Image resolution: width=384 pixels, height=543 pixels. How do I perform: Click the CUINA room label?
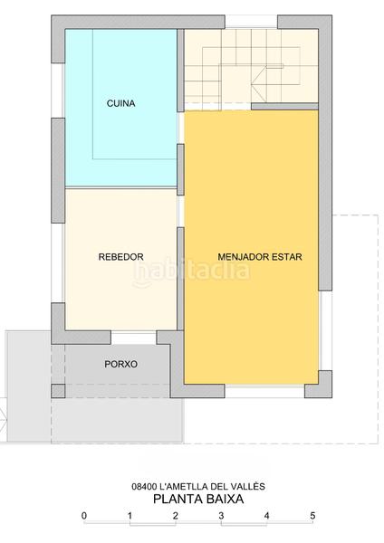pyautogui.click(x=120, y=103)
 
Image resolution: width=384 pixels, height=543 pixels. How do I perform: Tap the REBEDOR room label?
pyautogui.click(x=120, y=257)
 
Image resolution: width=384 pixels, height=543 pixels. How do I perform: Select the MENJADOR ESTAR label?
pyautogui.click(x=260, y=257)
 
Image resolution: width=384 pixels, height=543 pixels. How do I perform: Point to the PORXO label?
pyautogui.click(x=120, y=365)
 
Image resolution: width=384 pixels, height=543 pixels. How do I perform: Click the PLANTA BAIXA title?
pyautogui.click(x=197, y=498)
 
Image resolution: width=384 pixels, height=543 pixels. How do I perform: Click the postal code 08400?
pyautogui.click(x=146, y=486)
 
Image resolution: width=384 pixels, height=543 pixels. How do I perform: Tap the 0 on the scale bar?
pyautogui.click(x=83, y=516)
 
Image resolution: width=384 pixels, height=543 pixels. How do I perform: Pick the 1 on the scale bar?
pyautogui.click(x=130, y=516)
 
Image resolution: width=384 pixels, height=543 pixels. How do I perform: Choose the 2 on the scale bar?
pyautogui.click(x=175, y=516)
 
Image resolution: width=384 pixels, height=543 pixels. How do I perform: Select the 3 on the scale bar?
pyautogui.click(x=221, y=516)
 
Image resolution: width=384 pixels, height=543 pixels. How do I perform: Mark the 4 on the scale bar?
pyautogui.click(x=266, y=516)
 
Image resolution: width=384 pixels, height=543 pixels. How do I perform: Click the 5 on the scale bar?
pyautogui.click(x=312, y=516)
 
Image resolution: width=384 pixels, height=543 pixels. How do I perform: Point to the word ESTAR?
pyautogui.click(x=285, y=257)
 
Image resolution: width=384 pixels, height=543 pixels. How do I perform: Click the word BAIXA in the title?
pyautogui.click(x=223, y=498)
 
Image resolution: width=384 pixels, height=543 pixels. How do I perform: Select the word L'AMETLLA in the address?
pyautogui.click(x=187, y=486)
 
